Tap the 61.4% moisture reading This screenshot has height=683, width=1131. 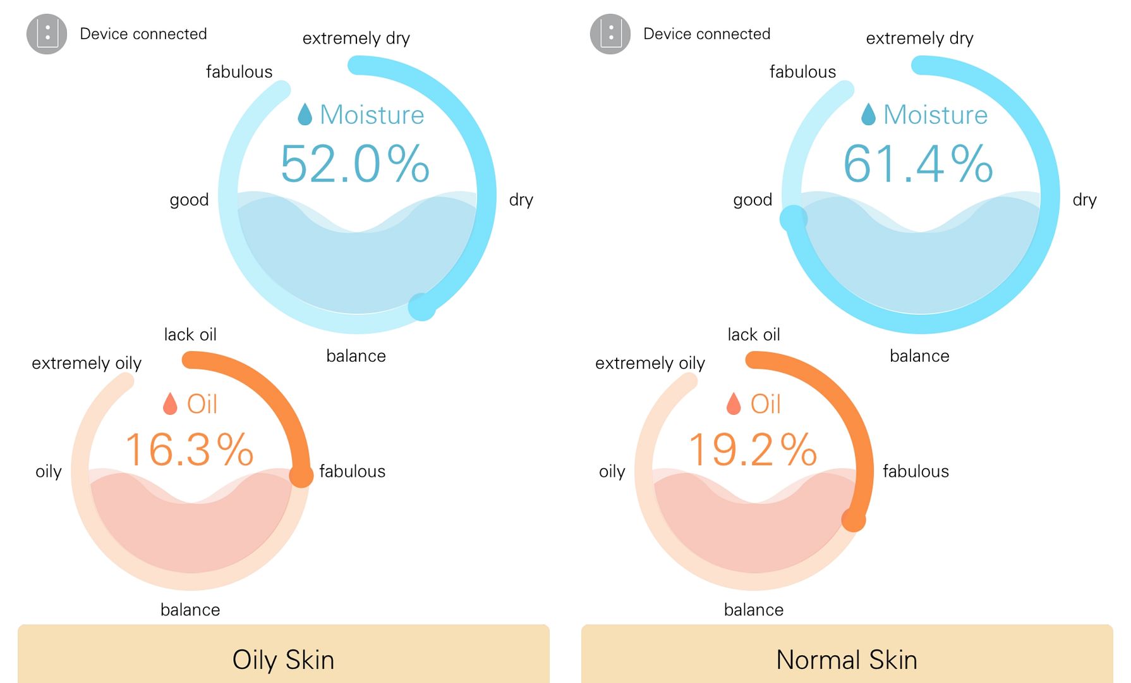(918, 164)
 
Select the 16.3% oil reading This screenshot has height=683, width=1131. (190, 450)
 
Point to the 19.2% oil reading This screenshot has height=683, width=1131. (753, 450)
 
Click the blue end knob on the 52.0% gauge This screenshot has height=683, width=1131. (421, 307)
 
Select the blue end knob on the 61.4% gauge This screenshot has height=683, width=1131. (794, 219)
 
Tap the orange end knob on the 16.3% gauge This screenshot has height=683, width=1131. (301, 476)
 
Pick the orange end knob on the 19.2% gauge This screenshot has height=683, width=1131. (854, 520)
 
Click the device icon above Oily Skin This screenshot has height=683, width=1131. (47, 34)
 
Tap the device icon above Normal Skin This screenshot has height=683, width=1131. (610, 34)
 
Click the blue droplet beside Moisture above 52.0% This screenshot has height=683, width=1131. (305, 114)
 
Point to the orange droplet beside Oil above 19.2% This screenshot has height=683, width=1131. (733, 403)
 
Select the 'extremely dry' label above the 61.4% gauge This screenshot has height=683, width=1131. (919, 39)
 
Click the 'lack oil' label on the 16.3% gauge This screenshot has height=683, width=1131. (190, 335)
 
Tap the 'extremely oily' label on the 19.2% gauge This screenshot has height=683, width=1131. (650, 363)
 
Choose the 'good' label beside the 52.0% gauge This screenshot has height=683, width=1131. (189, 200)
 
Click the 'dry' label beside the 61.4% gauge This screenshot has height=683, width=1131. (1084, 200)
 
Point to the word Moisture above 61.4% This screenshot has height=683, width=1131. (935, 115)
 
